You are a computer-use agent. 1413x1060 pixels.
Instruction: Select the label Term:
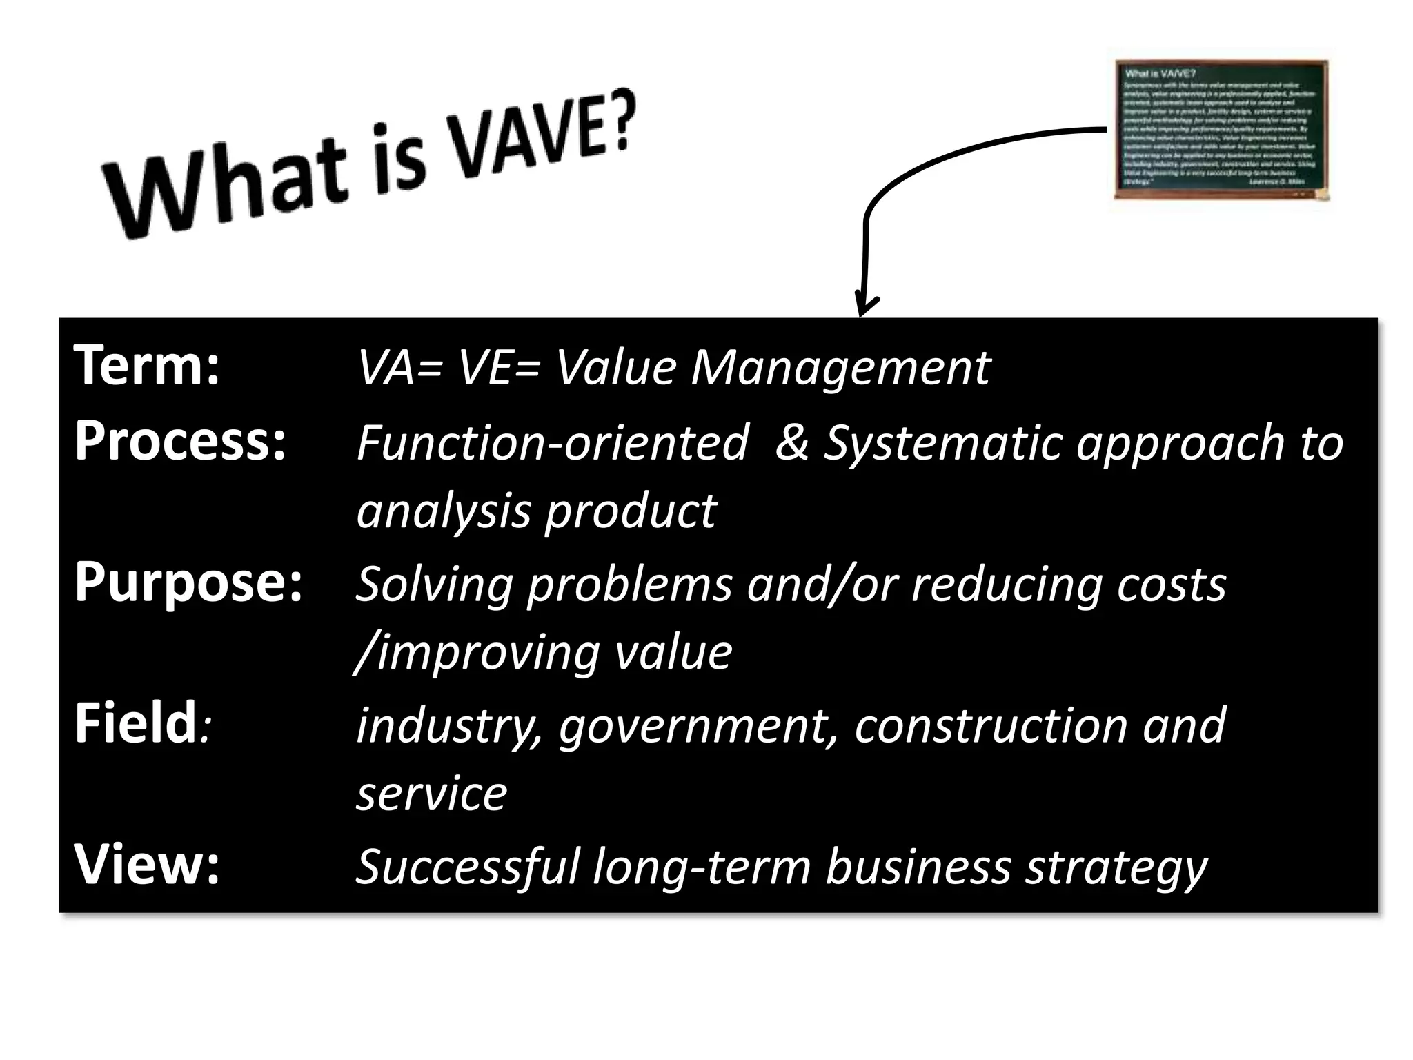coord(147,366)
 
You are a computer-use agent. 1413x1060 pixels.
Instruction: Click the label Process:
coord(180,441)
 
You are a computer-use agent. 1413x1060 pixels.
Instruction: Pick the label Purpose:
coord(188,582)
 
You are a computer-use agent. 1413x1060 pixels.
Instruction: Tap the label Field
coord(137,723)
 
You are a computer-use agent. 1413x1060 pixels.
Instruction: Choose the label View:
coord(147,865)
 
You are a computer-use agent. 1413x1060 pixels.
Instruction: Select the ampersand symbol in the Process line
coord(792,442)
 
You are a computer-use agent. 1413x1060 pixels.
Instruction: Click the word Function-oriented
coord(552,442)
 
